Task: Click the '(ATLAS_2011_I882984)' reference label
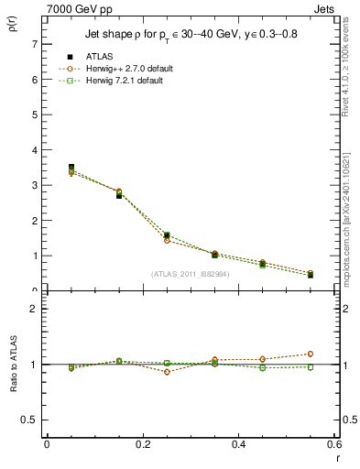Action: [190, 274]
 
